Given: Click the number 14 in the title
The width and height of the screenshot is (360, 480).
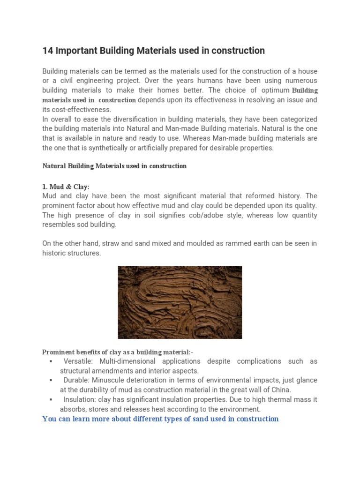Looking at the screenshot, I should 48,51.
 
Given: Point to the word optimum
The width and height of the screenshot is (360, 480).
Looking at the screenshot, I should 273,90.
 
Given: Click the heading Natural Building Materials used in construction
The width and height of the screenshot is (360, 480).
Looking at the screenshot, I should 114,166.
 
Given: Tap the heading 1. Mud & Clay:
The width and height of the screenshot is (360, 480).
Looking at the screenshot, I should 66,187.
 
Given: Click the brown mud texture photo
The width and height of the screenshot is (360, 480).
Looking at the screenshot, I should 180,302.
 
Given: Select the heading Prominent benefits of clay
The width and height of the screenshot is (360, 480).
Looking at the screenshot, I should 118,352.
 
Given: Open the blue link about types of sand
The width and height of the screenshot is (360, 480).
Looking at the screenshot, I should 160,419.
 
